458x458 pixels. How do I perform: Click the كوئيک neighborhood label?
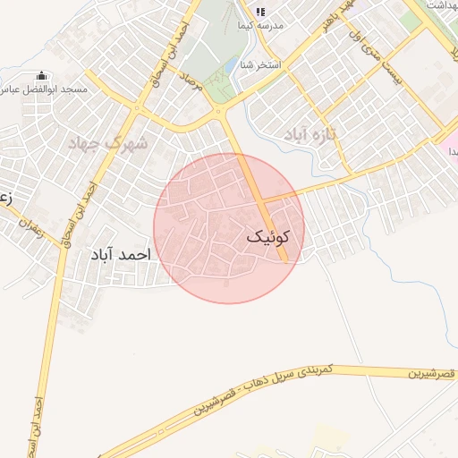pos(267,237)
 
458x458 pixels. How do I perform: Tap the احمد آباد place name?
pos(121,255)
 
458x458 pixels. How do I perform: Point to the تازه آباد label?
pos(309,134)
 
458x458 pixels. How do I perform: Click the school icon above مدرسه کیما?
pos(260,12)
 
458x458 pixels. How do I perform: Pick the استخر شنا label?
pos(261,65)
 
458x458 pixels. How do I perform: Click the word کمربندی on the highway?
pos(313,369)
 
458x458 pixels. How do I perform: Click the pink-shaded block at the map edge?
pos(449,143)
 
